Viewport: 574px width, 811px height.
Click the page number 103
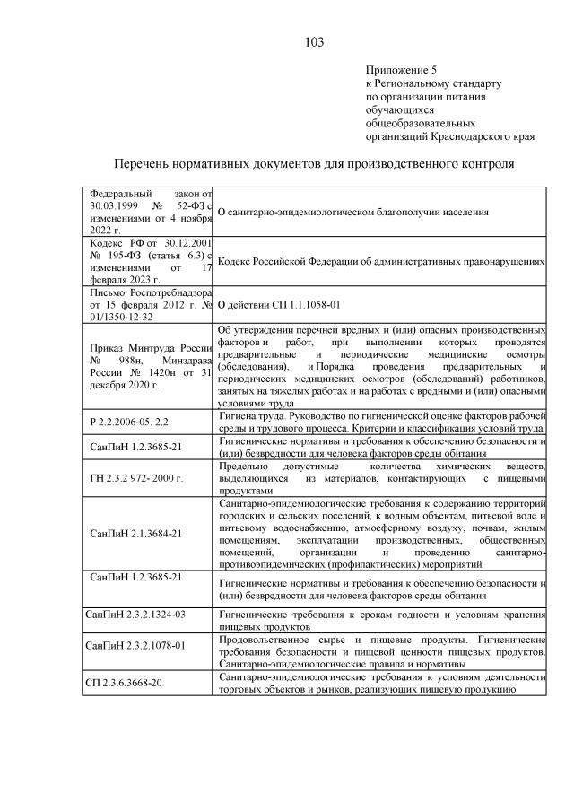pyautogui.click(x=313, y=42)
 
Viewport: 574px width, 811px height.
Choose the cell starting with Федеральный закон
pyautogui.click(x=148, y=212)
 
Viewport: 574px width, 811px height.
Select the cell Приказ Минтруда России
pyautogui.click(x=148, y=366)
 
